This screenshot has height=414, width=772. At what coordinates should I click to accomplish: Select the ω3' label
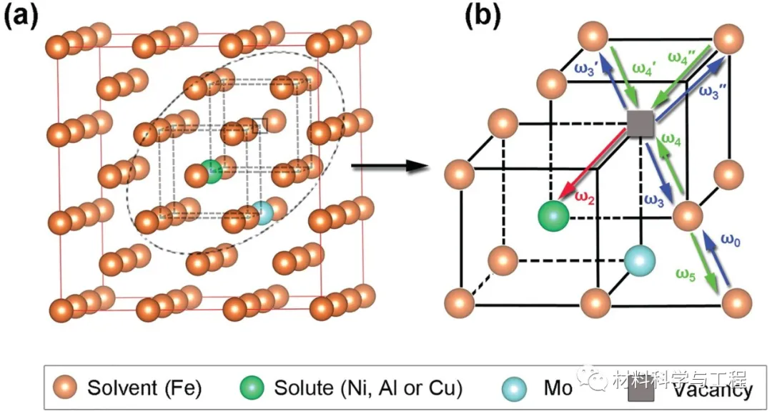(588, 69)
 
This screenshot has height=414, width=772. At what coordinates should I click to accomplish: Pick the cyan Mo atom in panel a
(263, 213)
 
